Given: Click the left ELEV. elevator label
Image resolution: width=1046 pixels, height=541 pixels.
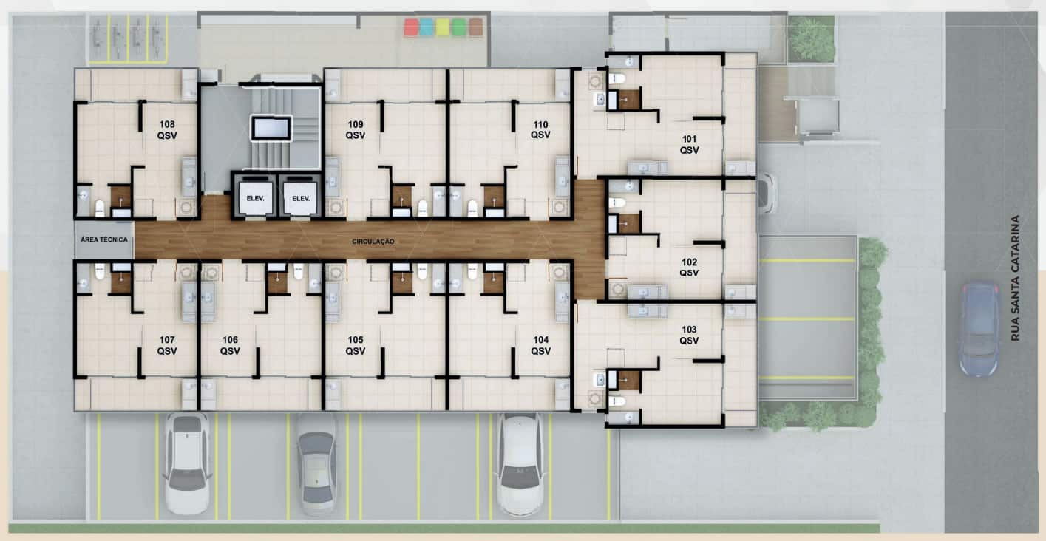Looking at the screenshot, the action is click(256, 198).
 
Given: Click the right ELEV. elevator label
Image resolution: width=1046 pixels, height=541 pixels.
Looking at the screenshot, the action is click(301, 198).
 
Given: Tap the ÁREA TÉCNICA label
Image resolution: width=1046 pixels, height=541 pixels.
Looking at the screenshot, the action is click(103, 239).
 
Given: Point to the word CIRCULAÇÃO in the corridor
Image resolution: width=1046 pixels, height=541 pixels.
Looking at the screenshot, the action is click(373, 242).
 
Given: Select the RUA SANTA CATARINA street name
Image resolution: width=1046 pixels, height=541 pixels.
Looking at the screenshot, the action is click(1015, 278).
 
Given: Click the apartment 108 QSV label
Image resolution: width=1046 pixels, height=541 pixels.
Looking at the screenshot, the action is click(167, 130).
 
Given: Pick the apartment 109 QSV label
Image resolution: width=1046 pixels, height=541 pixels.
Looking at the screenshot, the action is click(356, 130).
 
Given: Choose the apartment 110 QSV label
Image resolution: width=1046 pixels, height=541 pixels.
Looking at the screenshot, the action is click(540, 130).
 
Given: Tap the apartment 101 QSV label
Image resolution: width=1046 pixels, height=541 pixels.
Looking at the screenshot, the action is click(689, 144).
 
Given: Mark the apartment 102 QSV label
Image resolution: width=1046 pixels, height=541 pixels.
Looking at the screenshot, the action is click(689, 268).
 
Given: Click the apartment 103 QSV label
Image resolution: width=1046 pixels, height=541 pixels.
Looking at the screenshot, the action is click(689, 335).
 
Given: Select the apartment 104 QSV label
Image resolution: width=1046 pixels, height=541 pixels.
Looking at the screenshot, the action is click(541, 345).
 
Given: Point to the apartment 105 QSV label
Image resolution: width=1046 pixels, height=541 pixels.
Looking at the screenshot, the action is click(356, 345).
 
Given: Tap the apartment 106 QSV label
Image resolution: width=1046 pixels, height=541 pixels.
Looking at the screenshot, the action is click(230, 345).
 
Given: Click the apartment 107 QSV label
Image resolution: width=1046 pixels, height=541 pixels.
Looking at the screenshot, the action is click(167, 345).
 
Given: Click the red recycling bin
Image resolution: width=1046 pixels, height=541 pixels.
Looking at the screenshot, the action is click(411, 27).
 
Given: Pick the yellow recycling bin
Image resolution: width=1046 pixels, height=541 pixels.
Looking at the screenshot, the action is click(443, 27).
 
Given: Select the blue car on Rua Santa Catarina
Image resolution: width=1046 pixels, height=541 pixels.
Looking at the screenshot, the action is click(979, 329).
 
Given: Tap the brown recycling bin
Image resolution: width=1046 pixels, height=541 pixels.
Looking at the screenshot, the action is click(475, 27).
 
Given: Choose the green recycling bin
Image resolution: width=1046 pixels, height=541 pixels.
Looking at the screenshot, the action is click(459, 27).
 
